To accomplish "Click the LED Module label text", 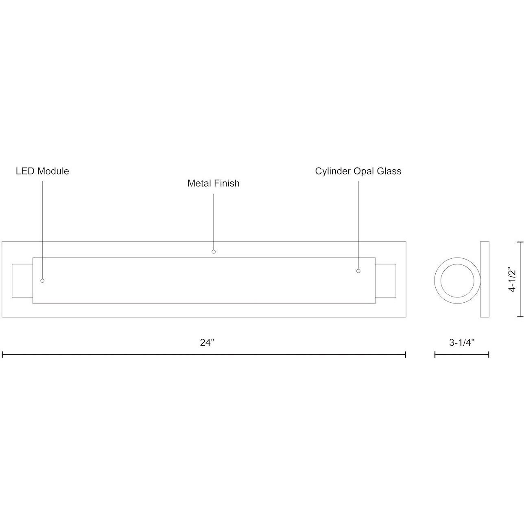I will tap(42, 171).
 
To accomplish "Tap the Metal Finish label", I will tap(213, 183).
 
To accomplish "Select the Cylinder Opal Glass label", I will tap(358, 171).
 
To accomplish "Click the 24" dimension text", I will tap(207, 343).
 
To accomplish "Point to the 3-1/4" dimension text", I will tap(462, 343).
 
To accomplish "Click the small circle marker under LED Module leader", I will tap(42, 281).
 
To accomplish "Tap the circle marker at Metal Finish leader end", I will tap(214, 252).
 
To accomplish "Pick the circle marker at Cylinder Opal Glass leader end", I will tap(358, 271).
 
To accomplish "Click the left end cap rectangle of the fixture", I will tap(22, 281).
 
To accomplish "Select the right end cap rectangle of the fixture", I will tap(386, 281).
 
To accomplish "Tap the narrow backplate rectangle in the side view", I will tap(485, 279).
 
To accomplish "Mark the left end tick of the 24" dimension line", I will tap(2, 354).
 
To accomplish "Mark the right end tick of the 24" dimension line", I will tap(406, 354).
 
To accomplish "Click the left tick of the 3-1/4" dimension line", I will tap(435, 354).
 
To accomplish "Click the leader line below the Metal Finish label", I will tap(214, 220).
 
